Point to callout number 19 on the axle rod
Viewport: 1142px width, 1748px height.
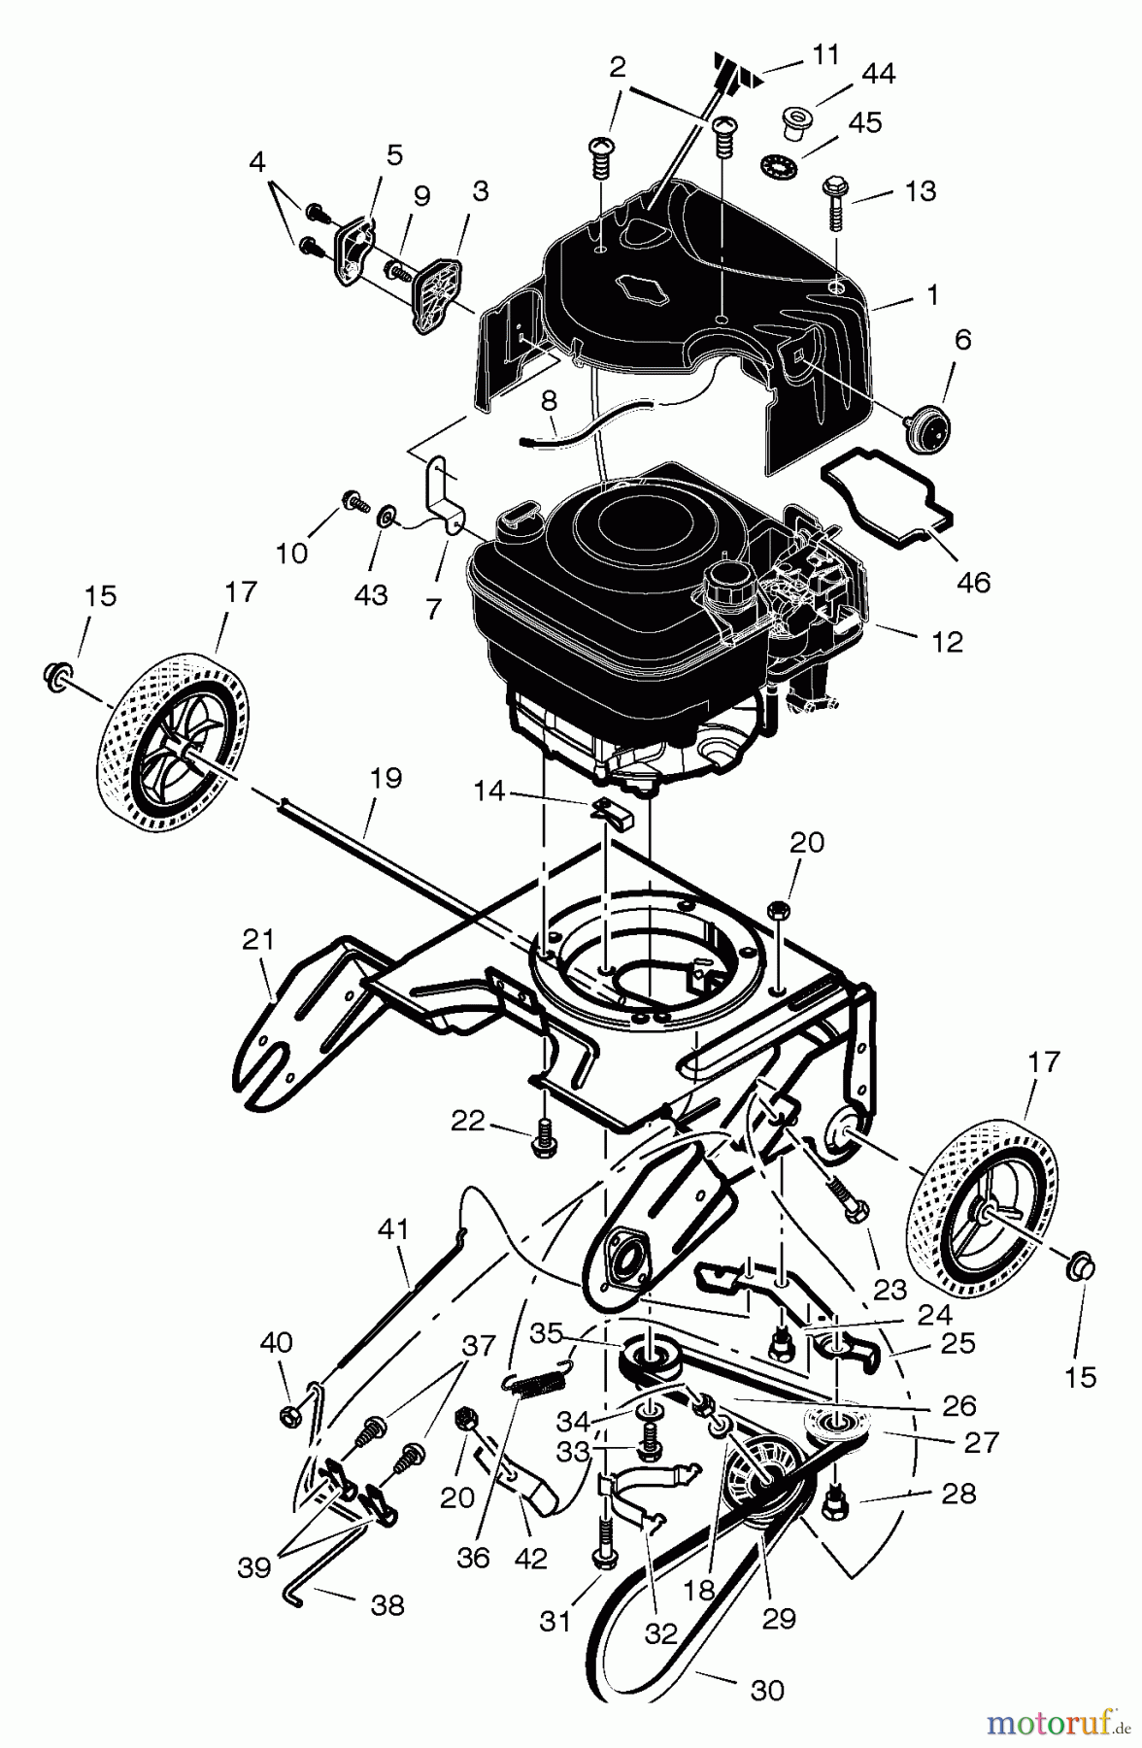point(386,779)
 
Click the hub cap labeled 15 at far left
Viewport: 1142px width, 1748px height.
point(58,673)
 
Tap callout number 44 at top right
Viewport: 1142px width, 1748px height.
point(879,73)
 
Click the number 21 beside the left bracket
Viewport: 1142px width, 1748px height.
point(258,940)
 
